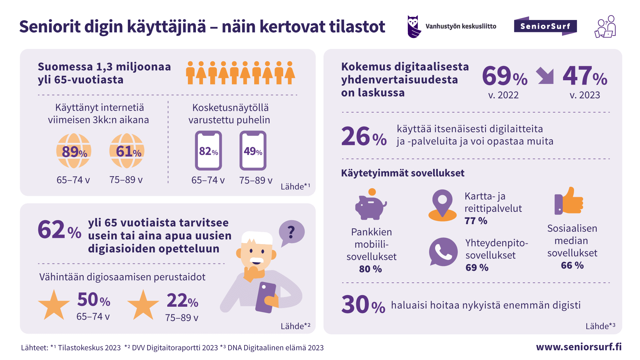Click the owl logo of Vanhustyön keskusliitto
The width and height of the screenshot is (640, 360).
(414, 27)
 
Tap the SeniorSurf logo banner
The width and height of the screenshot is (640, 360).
(545, 26)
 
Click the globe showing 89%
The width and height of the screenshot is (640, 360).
(74, 151)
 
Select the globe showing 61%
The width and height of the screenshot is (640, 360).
(127, 151)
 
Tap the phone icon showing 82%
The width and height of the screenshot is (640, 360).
(209, 151)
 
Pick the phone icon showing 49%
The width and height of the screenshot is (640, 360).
(253, 151)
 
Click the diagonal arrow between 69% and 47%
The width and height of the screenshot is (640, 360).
(545, 76)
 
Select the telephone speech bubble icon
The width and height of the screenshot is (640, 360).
(443, 252)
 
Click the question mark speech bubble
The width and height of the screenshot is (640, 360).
(291, 232)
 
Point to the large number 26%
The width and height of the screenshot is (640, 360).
(364, 137)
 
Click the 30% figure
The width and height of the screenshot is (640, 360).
(363, 305)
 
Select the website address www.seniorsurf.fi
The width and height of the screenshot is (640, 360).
(579, 347)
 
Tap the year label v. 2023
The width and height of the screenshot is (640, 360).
(585, 95)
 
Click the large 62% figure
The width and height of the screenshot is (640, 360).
(59, 230)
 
